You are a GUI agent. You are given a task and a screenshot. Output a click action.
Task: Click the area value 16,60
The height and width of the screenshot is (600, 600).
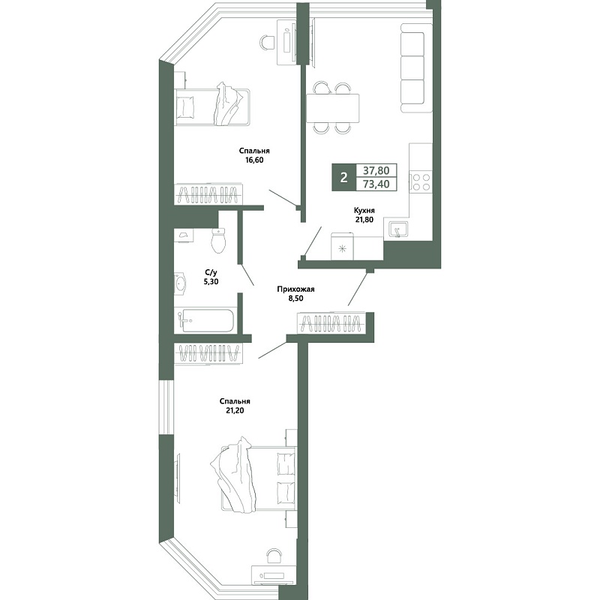point(254,160)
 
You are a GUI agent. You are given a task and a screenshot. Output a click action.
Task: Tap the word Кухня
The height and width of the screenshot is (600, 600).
point(364,211)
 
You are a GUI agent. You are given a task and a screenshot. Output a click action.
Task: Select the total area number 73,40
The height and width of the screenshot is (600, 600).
point(376,184)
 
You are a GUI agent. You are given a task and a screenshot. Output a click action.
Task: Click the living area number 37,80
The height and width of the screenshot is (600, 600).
point(376,170)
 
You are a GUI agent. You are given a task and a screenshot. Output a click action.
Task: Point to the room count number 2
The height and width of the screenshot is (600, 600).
point(344,178)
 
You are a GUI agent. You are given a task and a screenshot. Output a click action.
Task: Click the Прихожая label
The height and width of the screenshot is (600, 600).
point(295,289)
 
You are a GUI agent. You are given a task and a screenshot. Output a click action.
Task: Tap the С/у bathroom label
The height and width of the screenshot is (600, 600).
point(211,273)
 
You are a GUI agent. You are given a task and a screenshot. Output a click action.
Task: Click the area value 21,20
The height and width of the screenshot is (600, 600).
point(235,410)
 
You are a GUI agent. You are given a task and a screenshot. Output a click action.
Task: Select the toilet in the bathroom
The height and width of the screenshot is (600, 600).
point(218,240)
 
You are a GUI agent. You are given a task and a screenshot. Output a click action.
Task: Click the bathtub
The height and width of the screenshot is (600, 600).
point(206,320)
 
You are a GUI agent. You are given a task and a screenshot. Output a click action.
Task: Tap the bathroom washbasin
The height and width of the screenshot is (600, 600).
point(180,284)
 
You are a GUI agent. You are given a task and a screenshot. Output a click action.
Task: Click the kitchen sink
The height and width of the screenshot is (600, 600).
point(398,230)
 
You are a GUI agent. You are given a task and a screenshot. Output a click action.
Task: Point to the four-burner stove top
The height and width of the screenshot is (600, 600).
point(421,181)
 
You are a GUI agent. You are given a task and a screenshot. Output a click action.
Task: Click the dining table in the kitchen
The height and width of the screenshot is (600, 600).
point(332,108)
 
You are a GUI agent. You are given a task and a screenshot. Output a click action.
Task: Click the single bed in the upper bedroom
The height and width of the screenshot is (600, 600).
point(212,106)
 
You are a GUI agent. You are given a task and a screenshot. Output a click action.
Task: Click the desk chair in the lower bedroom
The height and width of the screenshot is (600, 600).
point(274,556)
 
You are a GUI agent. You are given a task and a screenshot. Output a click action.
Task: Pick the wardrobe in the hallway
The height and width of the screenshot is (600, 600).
point(331,324)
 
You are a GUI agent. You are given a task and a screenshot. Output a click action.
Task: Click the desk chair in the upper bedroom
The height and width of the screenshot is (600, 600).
point(268,42)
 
